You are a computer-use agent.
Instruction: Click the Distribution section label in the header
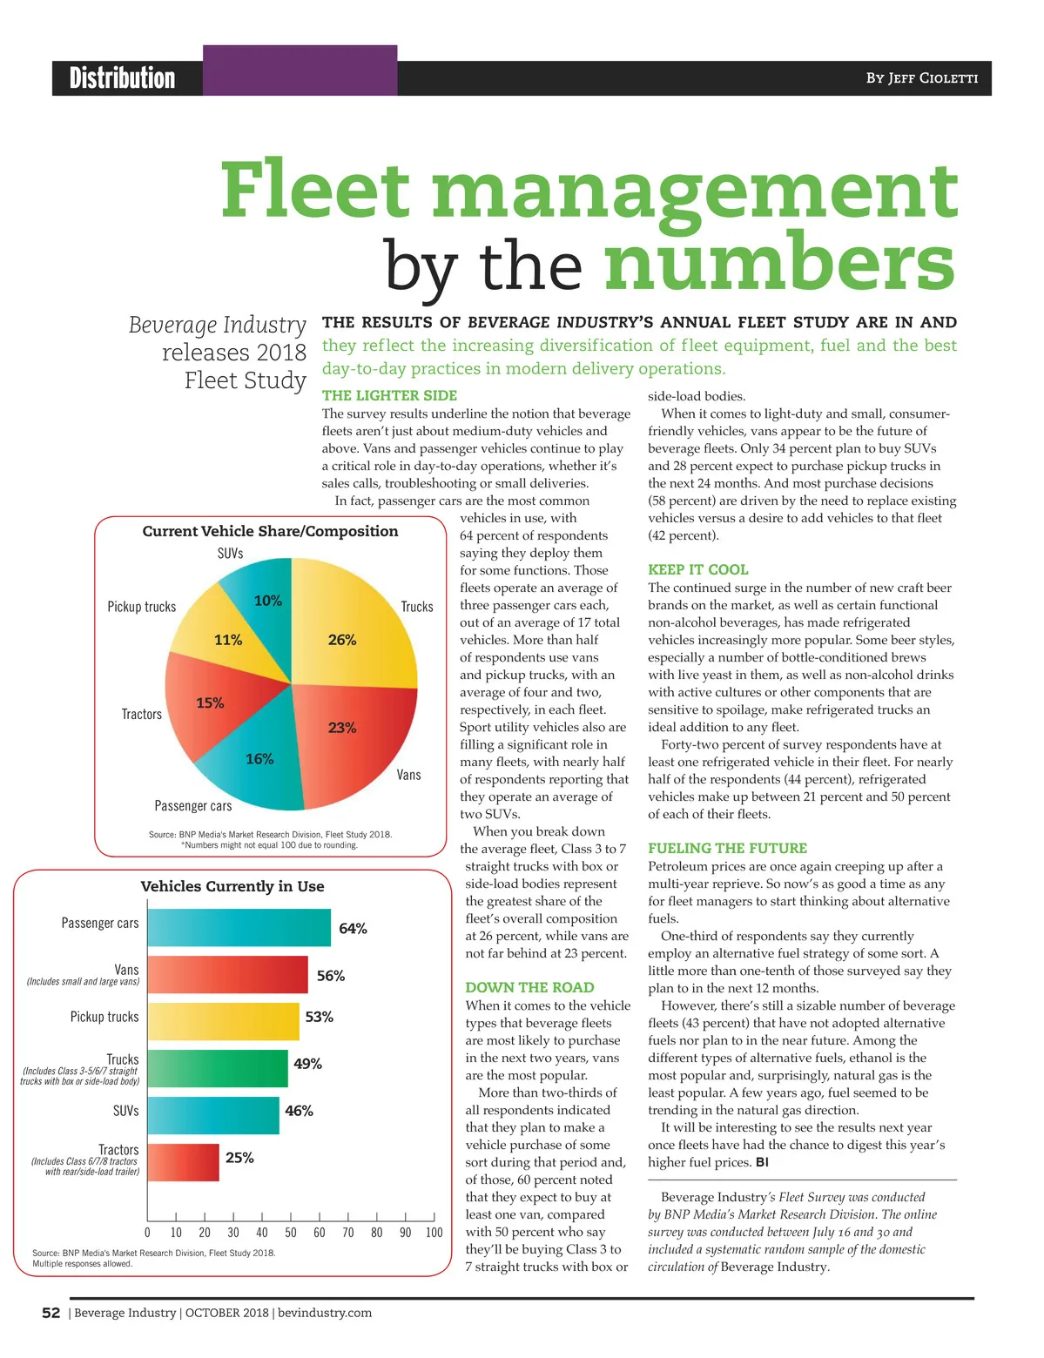(x=122, y=78)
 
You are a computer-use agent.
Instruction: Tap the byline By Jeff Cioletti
(x=921, y=78)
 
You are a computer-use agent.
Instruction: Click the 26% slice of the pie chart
(x=353, y=631)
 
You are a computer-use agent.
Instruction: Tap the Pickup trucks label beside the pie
(x=141, y=607)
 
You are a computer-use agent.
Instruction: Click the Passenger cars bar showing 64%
(x=239, y=928)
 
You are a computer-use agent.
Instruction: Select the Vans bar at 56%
(x=228, y=975)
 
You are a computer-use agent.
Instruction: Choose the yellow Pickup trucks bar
(x=224, y=1022)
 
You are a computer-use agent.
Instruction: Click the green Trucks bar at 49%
(x=218, y=1069)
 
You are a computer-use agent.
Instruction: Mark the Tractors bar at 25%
(x=184, y=1162)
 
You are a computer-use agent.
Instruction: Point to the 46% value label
(x=299, y=1112)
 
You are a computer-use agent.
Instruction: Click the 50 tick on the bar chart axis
(x=291, y=1233)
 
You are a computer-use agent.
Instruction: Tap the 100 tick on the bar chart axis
(x=434, y=1233)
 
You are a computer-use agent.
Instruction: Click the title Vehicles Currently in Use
(x=232, y=886)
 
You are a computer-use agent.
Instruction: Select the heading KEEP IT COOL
(x=697, y=569)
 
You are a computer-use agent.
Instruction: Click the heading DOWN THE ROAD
(x=529, y=987)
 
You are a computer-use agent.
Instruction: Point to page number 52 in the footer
(x=51, y=1313)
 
